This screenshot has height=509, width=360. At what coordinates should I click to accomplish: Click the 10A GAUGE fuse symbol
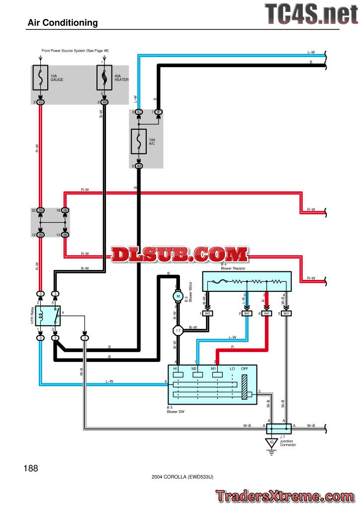pos(40,78)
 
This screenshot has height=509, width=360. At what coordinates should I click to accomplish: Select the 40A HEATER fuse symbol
pos(104,78)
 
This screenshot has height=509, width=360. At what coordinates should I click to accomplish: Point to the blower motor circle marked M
pos(178,296)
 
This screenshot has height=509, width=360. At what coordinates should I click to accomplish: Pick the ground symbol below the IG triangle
pos(271,452)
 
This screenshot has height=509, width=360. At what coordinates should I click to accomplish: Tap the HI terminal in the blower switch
pos(176,374)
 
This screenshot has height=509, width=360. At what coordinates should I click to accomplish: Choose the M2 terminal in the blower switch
pos(195,374)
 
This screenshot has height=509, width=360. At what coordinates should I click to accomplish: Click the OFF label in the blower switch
pos(244,369)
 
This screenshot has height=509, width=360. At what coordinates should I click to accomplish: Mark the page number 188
pos(30,468)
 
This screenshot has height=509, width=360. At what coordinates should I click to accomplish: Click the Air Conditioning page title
pos(63,23)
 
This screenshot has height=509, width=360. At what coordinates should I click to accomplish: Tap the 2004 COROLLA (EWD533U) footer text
pos(182,477)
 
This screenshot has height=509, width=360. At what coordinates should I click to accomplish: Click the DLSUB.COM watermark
pos(180,254)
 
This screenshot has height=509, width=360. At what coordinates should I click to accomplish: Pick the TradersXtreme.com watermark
pos(285,496)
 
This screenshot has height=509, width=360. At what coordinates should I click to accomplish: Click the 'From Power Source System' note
pos(75,51)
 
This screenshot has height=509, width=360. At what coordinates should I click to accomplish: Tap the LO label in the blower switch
pos(232,369)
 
